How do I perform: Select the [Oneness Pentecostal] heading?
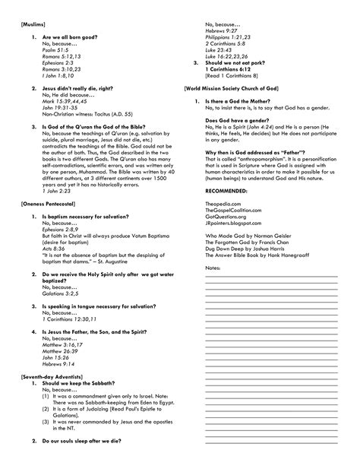click(44, 206)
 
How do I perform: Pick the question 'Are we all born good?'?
click(72, 36)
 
